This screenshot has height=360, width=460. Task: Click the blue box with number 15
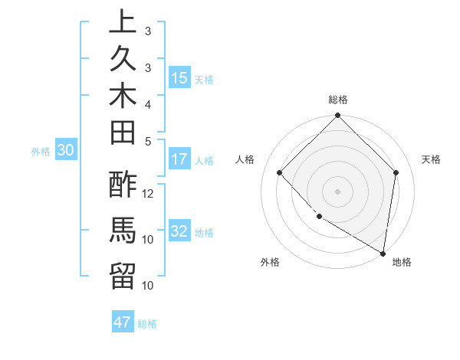[x=179, y=78]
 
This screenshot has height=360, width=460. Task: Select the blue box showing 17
[x=179, y=160]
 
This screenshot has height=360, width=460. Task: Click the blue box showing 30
[x=65, y=151]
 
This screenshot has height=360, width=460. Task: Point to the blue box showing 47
[x=123, y=322]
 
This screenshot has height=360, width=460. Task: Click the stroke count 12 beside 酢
[x=149, y=193]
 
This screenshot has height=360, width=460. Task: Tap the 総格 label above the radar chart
[x=338, y=100]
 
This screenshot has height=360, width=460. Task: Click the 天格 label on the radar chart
[x=431, y=159]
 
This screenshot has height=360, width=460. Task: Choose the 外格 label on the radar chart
[x=270, y=262]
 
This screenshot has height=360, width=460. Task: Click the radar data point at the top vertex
[x=338, y=117]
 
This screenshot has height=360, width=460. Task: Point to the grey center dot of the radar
[x=338, y=191]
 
